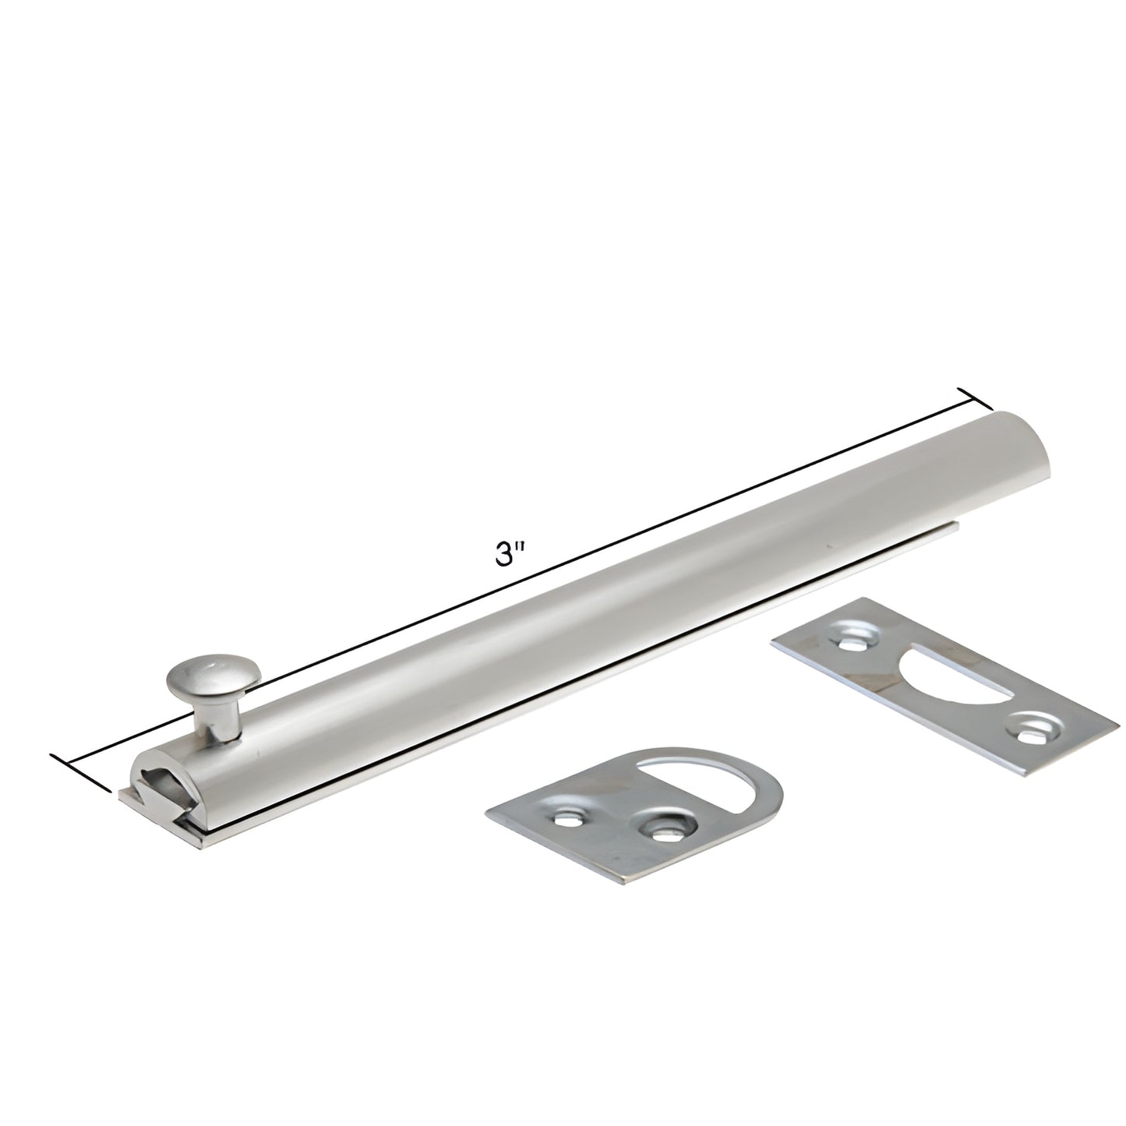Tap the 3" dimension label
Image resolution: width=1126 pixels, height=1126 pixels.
click(x=511, y=554)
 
